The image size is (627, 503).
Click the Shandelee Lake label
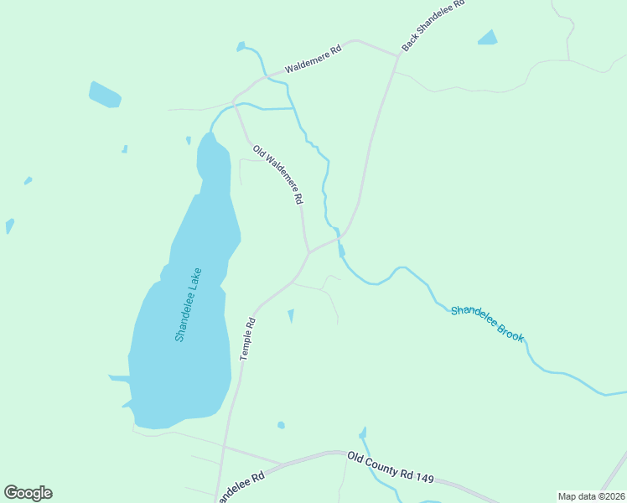(188, 303)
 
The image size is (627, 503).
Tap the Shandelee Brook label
(487, 323)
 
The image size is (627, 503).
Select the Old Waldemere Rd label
(277, 175)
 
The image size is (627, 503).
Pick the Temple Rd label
(247, 339)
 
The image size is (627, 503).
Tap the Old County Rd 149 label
(391, 466)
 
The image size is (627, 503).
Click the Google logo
(28, 493)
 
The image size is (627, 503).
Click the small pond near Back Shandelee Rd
(487, 38)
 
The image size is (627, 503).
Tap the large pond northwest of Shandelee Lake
(106, 95)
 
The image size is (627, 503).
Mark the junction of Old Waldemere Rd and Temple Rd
(308, 251)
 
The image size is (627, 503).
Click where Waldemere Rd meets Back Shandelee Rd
(398, 56)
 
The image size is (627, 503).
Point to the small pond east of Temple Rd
(291, 315)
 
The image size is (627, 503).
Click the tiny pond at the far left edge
(9, 226)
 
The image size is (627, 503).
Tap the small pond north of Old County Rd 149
(281, 425)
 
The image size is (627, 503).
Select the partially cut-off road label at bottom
(240, 487)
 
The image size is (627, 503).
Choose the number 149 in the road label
(424, 477)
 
